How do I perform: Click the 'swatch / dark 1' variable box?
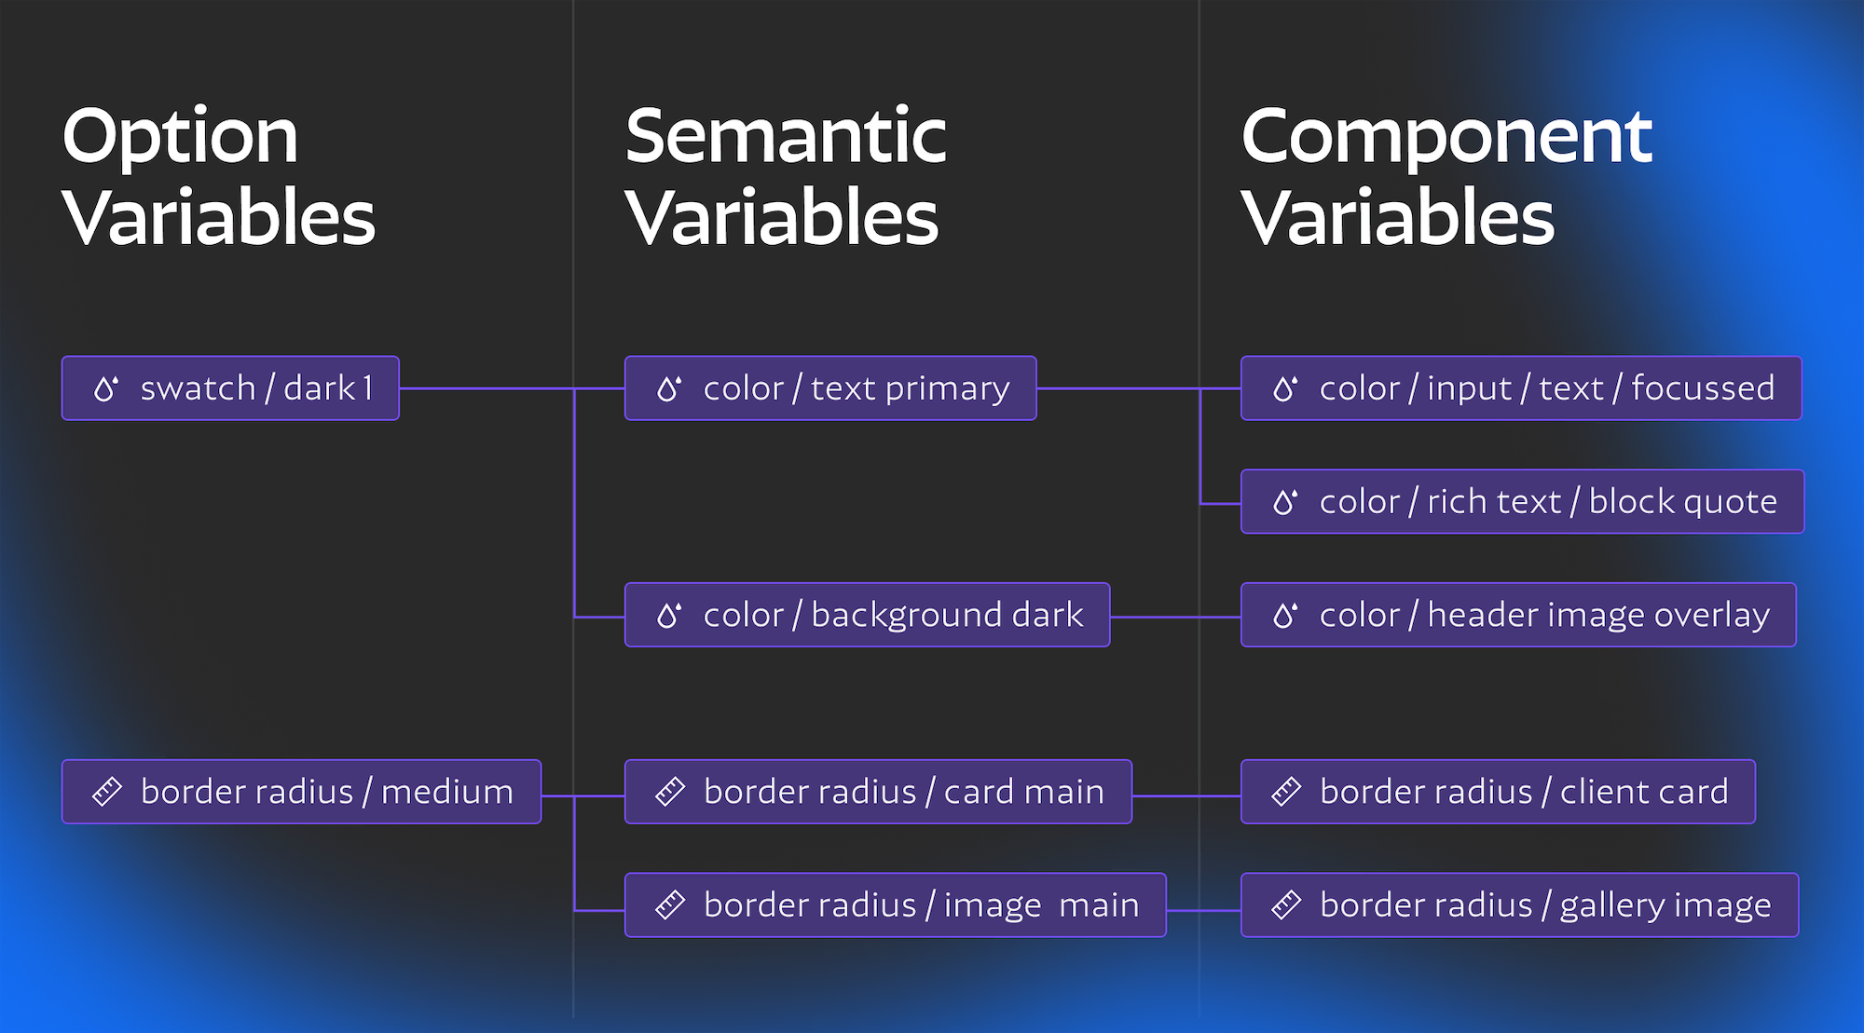click(230, 388)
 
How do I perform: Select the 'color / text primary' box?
click(830, 388)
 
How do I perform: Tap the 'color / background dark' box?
click(867, 615)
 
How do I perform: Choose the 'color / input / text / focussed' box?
click(1521, 388)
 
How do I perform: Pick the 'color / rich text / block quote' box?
click(1522, 502)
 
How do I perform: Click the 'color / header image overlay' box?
click(1518, 615)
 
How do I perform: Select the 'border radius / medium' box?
click(301, 792)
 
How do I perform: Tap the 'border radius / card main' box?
click(878, 792)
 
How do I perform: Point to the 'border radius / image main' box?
click(895, 904)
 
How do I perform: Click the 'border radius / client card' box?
click(1498, 792)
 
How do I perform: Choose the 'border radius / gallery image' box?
click(1519, 904)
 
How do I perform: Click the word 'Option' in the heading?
click(180, 138)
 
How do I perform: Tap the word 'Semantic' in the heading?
click(786, 136)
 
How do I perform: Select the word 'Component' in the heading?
click(1446, 138)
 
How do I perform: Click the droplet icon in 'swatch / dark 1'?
click(106, 388)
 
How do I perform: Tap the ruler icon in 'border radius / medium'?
click(107, 792)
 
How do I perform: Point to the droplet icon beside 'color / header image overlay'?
click(1285, 615)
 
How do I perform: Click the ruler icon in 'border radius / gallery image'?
click(1286, 904)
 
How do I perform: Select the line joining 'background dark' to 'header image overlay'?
click(1175, 617)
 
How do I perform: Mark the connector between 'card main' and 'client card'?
click(1186, 796)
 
